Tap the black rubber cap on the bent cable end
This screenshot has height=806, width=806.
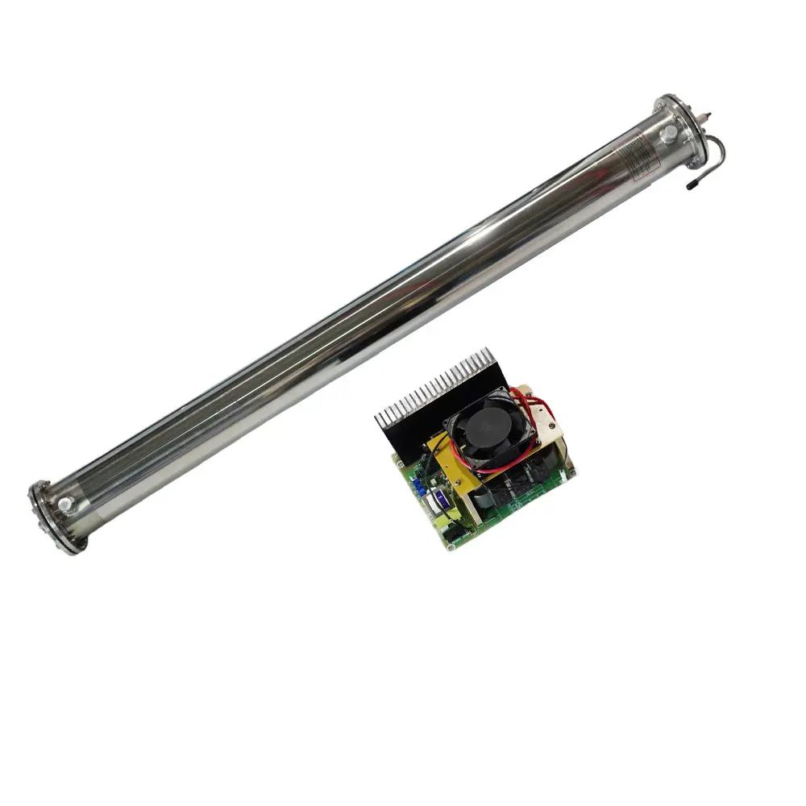692,185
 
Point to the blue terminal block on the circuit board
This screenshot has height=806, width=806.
420,484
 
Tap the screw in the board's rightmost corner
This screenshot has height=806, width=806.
570,468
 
